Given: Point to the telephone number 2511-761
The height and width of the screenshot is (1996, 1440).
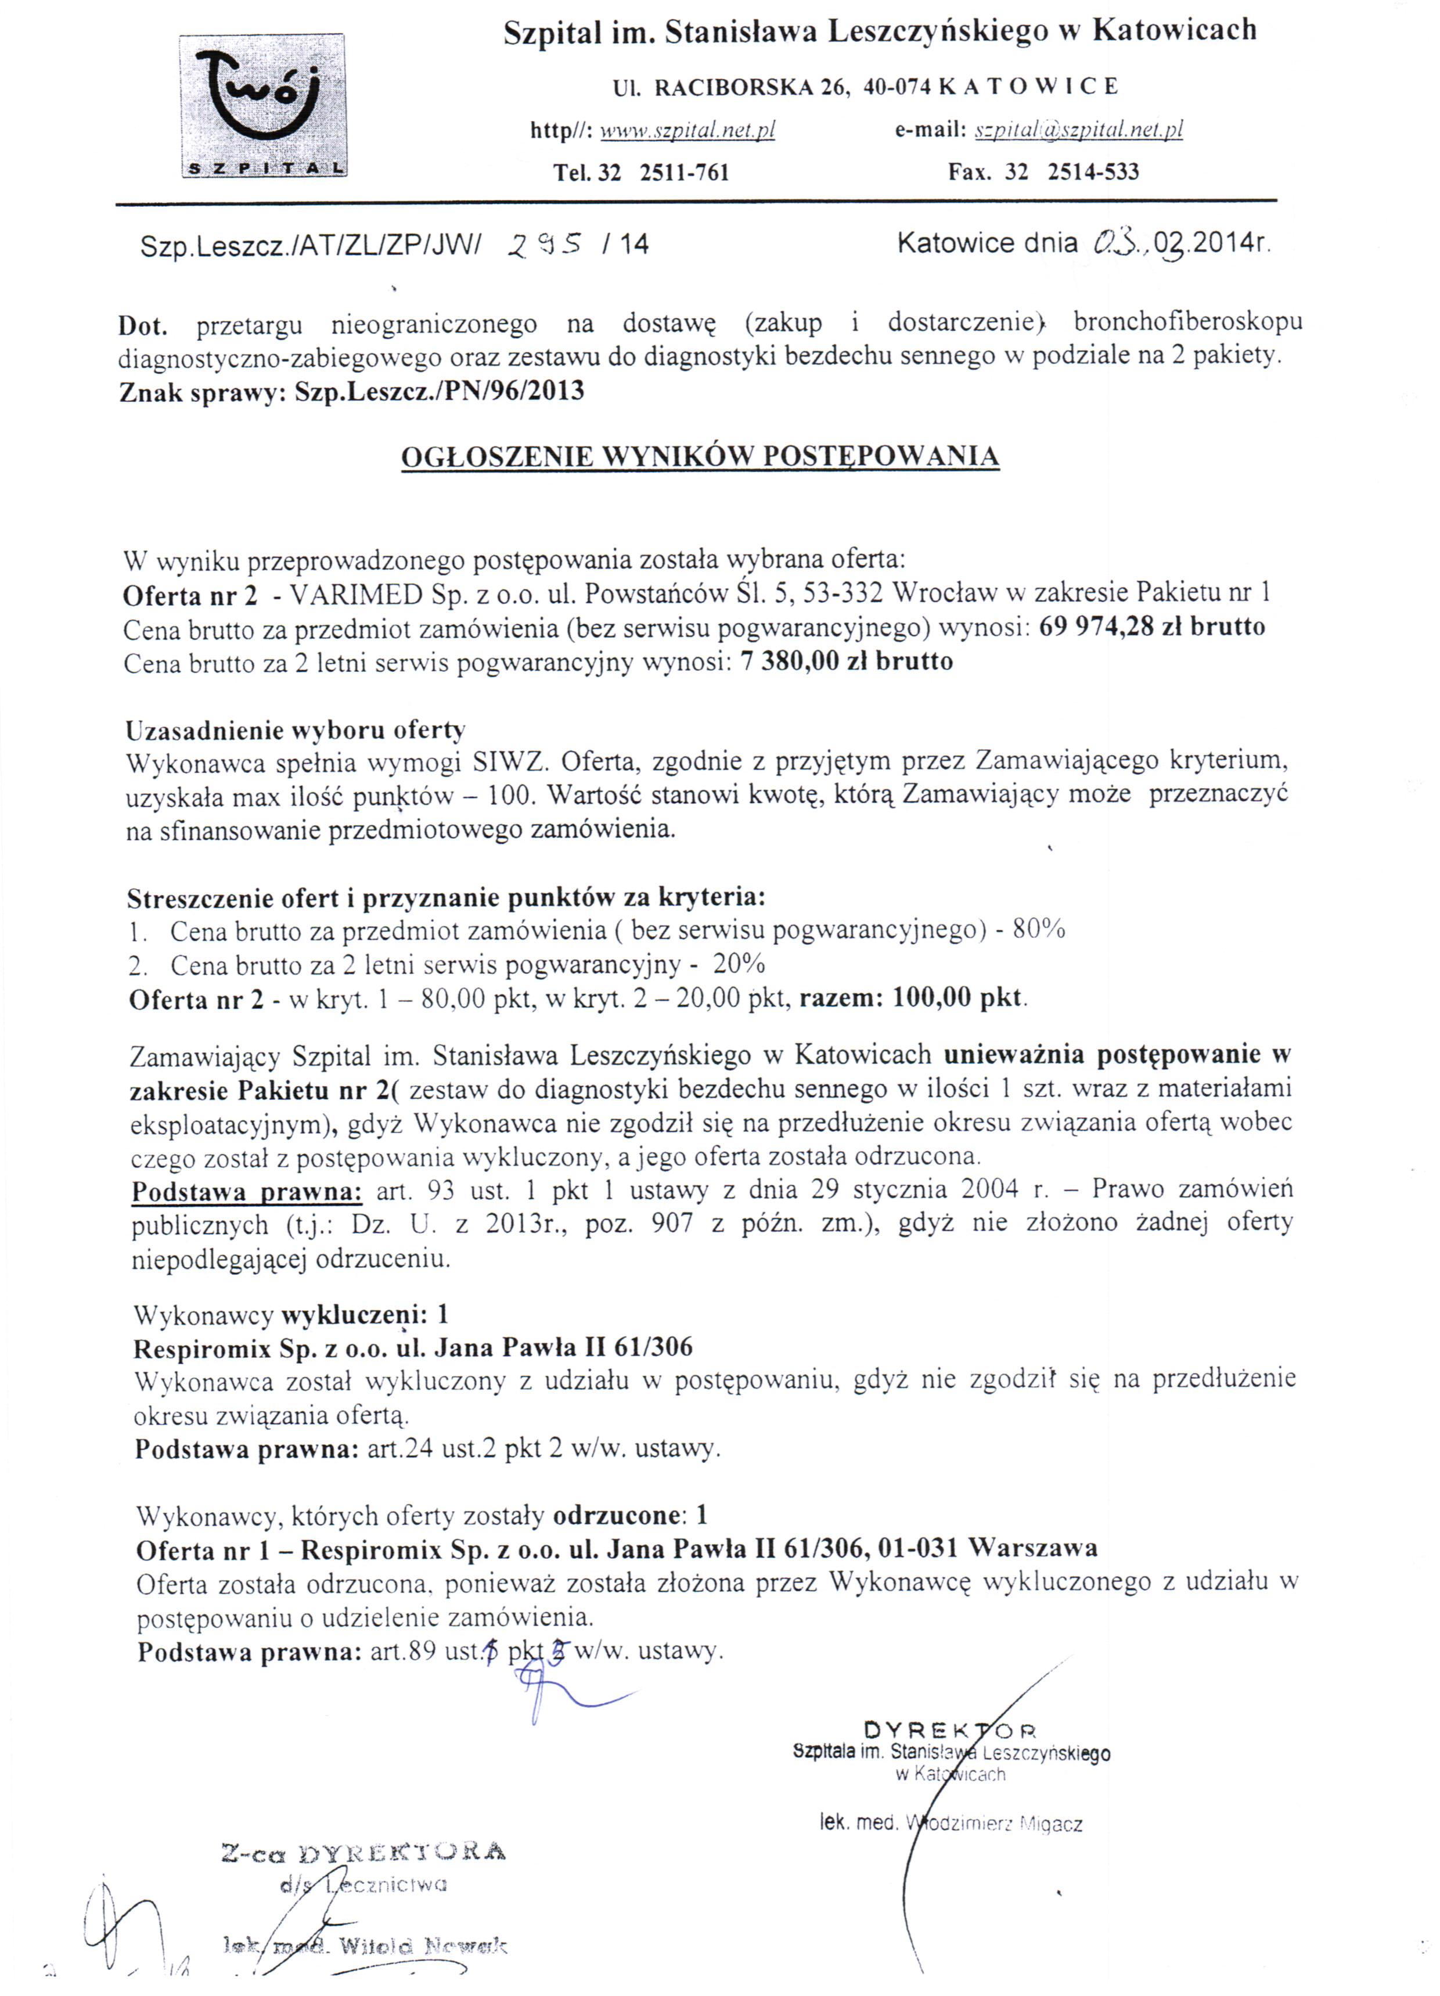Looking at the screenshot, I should point(684,172).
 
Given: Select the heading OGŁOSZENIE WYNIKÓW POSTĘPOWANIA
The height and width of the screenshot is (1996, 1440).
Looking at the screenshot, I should point(700,457).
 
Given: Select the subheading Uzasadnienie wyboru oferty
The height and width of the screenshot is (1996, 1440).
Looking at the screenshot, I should point(295,729).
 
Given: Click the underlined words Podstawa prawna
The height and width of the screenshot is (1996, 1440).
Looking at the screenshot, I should point(246,1192).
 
